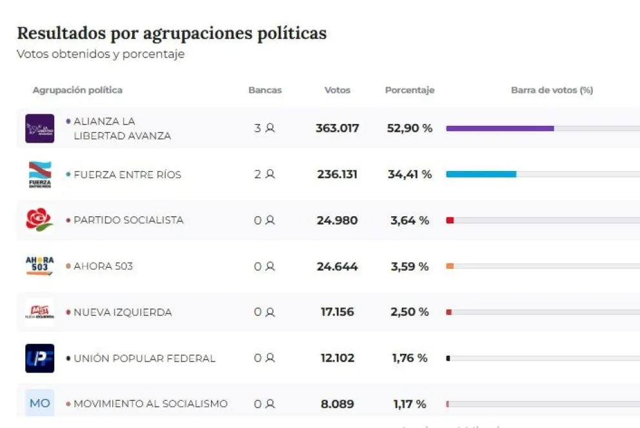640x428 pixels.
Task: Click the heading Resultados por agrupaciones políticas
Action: click(x=172, y=34)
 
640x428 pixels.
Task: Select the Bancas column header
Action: click(x=265, y=90)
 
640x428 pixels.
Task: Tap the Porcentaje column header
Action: click(x=410, y=90)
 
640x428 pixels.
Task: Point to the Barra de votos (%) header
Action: click(x=552, y=90)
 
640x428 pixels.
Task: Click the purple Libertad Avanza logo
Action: click(x=39, y=128)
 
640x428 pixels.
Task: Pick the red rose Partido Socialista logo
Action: click(x=39, y=220)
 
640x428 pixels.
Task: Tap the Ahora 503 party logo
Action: click(x=39, y=266)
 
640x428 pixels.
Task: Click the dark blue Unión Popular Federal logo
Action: click(x=39, y=358)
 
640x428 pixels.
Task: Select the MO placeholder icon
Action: click(x=39, y=403)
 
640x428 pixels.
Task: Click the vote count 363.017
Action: click(x=337, y=128)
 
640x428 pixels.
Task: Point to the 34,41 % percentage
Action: click(x=410, y=174)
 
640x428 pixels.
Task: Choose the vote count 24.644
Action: click(x=337, y=267)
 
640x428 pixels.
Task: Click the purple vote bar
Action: click(x=500, y=128)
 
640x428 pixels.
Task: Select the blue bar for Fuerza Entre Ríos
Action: click(x=481, y=174)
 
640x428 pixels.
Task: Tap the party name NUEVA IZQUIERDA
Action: click(x=123, y=312)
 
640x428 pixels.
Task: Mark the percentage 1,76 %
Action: click(x=410, y=358)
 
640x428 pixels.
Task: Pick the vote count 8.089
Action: click(x=337, y=404)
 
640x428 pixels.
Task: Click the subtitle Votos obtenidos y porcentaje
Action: click(x=101, y=54)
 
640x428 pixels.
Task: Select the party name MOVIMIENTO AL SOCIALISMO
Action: click(x=150, y=404)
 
